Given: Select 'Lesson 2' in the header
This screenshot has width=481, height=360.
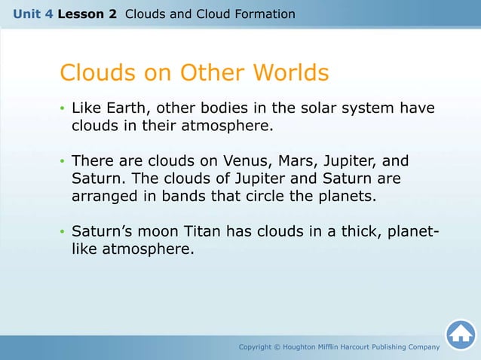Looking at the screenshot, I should (x=88, y=14).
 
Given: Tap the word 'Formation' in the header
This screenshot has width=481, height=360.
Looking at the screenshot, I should (x=265, y=14).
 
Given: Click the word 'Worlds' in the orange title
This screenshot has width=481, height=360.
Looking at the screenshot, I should (x=291, y=73).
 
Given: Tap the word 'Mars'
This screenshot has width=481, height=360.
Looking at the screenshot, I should (x=302, y=161).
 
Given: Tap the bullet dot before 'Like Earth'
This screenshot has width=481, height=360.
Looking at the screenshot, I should (x=63, y=109).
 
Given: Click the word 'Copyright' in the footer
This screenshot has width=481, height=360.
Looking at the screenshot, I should (x=259, y=347).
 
